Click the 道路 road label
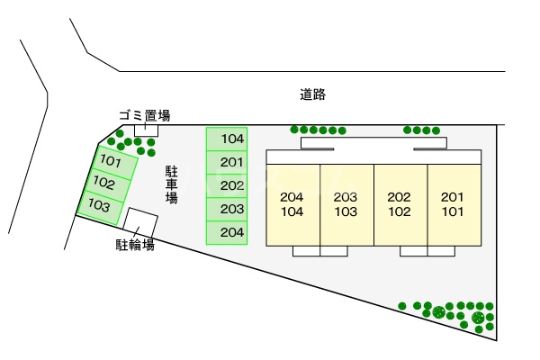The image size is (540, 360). click(312, 94)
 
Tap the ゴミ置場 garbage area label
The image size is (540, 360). click(145, 115)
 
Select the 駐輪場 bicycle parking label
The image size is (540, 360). click(135, 245)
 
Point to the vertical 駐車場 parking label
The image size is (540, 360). click(172, 184)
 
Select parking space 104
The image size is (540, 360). click(227, 139)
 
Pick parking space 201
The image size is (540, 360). click(227, 162)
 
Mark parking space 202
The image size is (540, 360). click(227, 185)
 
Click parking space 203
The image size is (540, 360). click(227, 209)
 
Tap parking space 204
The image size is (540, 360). click(227, 232)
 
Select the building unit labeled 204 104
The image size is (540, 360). click(293, 204)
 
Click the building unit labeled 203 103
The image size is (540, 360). click(347, 204)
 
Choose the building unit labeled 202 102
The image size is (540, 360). click(400, 204)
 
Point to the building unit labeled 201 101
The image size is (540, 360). click(454, 204)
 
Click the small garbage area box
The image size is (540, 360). click(146, 130)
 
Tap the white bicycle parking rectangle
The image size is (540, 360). click(140, 221)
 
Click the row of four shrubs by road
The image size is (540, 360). click(421, 130)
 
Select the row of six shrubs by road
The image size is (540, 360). click(318, 130)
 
